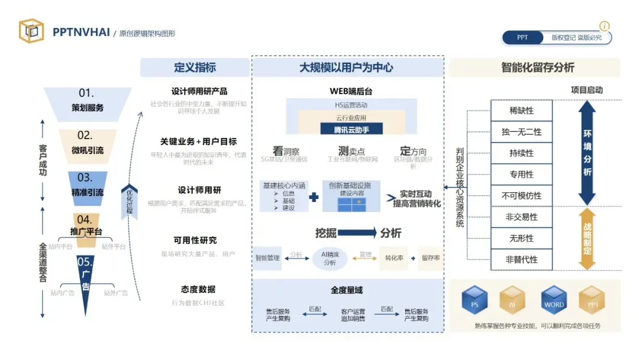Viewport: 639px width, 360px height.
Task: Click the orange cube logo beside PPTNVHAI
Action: pyautogui.click(x=31, y=31)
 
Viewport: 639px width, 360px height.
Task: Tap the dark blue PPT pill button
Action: pyautogui.click(x=522, y=38)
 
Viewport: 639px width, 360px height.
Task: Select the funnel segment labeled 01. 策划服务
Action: pyautogui.click(x=88, y=101)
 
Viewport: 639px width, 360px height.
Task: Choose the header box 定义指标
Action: pyautogui.click(x=195, y=67)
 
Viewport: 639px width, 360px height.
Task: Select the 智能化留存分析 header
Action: pyautogui.click(x=534, y=67)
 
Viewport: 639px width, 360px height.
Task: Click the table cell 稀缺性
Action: pyautogui.click(x=521, y=111)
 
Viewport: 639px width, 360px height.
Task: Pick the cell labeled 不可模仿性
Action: pyautogui.click(x=521, y=195)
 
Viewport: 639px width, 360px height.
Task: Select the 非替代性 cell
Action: pyautogui.click(x=521, y=259)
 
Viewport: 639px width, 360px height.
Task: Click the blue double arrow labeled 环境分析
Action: pyautogui.click(x=587, y=153)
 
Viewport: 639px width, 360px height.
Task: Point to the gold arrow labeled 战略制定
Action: pyautogui.click(x=587, y=238)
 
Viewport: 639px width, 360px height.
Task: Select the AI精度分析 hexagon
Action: pyautogui.click(x=330, y=258)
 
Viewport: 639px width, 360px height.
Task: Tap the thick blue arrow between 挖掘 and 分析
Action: pyautogui.click(x=357, y=233)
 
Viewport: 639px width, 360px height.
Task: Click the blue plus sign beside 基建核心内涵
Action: pyautogui.click(x=314, y=198)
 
